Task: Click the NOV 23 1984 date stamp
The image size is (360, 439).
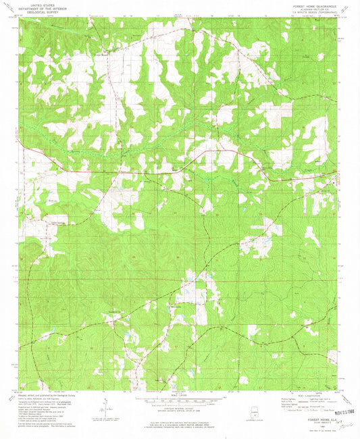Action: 326,411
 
